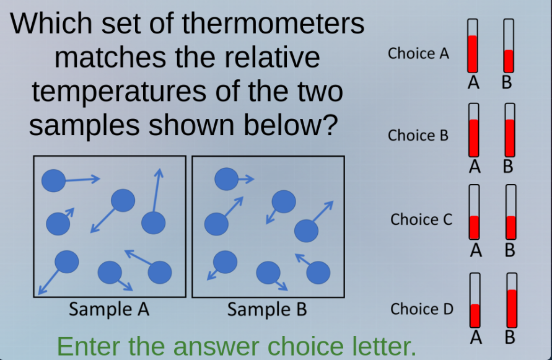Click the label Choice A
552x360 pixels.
click(x=418, y=53)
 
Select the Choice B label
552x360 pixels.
click(x=418, y=135)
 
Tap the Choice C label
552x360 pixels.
click(x=421, y=219)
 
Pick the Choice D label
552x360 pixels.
click(x=422, y=309)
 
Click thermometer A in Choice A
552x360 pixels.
click(x=473, y=45)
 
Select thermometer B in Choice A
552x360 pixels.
click(x=509, y=45)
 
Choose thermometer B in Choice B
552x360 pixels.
click(x=510, y=129)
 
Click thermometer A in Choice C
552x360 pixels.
click(x=475, y=213)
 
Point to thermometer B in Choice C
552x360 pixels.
click(x=511, y=213)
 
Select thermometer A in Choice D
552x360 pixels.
click(x=475, y=301)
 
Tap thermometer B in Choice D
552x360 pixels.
click(x=512, y=301)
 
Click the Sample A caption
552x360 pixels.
click(x=109, y=309)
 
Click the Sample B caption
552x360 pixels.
click(x=267, y=309)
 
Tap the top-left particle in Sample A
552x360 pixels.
click(x=53, y=181)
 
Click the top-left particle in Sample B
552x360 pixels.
click(x=226, y=179)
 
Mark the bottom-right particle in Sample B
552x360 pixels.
click(x=318, y=271)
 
